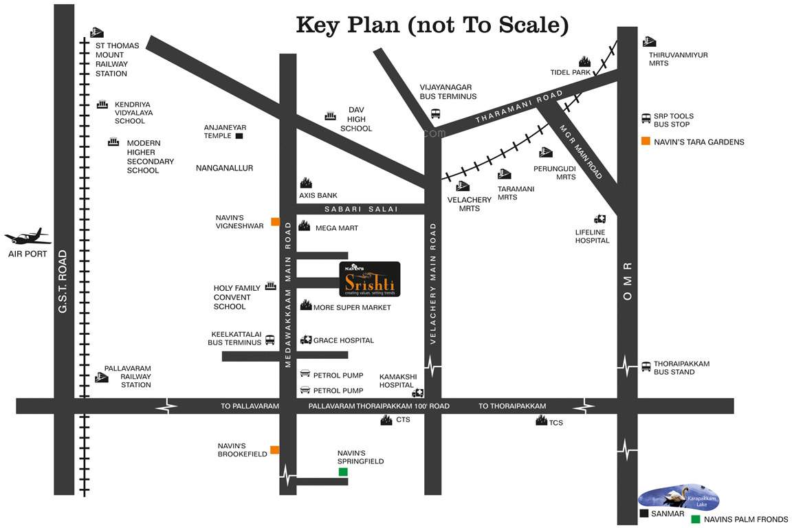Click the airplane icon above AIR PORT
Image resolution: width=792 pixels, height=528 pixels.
28,237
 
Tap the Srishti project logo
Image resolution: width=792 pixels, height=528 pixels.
370,279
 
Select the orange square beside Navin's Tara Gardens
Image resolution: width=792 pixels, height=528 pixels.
646,142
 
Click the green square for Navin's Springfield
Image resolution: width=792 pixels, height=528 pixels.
342,472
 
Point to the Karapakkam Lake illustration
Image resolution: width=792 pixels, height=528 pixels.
679,498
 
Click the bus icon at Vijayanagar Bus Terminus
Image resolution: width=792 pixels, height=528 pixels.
435,113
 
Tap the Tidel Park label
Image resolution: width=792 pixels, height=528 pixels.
570,72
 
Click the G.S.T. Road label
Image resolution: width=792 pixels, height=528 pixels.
63,282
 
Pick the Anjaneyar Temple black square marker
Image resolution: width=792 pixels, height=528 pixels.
239,136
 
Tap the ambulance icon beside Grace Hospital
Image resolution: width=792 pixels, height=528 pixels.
306,340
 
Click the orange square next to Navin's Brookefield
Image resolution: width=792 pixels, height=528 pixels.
274,450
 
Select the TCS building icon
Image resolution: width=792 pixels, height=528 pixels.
541,421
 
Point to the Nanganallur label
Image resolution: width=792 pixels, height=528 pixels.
225,168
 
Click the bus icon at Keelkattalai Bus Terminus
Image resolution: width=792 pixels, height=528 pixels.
269,340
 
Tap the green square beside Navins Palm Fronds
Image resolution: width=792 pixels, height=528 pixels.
696,519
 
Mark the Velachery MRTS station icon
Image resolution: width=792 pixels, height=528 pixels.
462,186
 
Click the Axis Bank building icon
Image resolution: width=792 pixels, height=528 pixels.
306,183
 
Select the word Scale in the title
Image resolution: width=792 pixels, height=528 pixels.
529,25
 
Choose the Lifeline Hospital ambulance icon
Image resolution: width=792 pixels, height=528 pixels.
600,219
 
